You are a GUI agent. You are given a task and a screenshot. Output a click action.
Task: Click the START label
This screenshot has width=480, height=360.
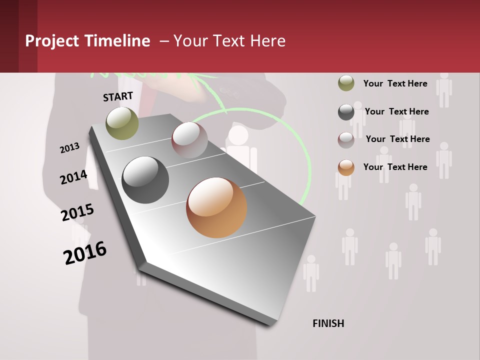(x=118, y=96)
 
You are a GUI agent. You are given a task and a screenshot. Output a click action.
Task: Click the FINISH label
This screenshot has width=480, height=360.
(x=328, y=323)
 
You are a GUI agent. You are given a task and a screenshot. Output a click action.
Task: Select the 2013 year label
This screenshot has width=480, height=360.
(x=69, y=148)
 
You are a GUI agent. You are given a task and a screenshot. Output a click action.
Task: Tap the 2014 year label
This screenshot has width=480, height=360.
(x=73, y=177)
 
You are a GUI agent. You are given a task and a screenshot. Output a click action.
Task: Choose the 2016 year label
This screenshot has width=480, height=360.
(x=85, y=253)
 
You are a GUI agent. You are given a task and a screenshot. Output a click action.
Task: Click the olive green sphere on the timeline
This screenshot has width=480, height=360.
(x=122, y=123)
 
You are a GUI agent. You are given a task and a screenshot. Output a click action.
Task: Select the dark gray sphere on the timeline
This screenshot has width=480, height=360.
(x=145, y=180)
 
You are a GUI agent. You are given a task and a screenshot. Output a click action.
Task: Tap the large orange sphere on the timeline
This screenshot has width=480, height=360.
(x=216, y=207)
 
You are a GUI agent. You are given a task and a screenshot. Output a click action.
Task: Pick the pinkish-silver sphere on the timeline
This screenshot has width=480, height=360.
(x=189, y=139)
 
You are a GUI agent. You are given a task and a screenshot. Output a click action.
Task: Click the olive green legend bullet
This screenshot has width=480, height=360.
(x=346, y=83)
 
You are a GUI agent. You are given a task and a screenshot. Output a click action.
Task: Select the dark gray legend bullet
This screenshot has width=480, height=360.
(x=346, y=112)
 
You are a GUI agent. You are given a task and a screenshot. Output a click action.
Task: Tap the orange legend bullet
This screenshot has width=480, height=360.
(x=346, y=167)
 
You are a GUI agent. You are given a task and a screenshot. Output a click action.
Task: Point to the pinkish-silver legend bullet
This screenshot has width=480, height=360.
(x=346, y=140)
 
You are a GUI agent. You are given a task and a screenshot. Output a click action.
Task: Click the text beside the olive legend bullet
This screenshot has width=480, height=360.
(x=395, y=83)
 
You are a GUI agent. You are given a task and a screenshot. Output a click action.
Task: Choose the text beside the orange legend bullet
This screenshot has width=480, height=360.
(x=395, y=167)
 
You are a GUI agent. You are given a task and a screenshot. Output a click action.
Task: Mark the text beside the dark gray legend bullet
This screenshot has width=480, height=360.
(x=396, y=111)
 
